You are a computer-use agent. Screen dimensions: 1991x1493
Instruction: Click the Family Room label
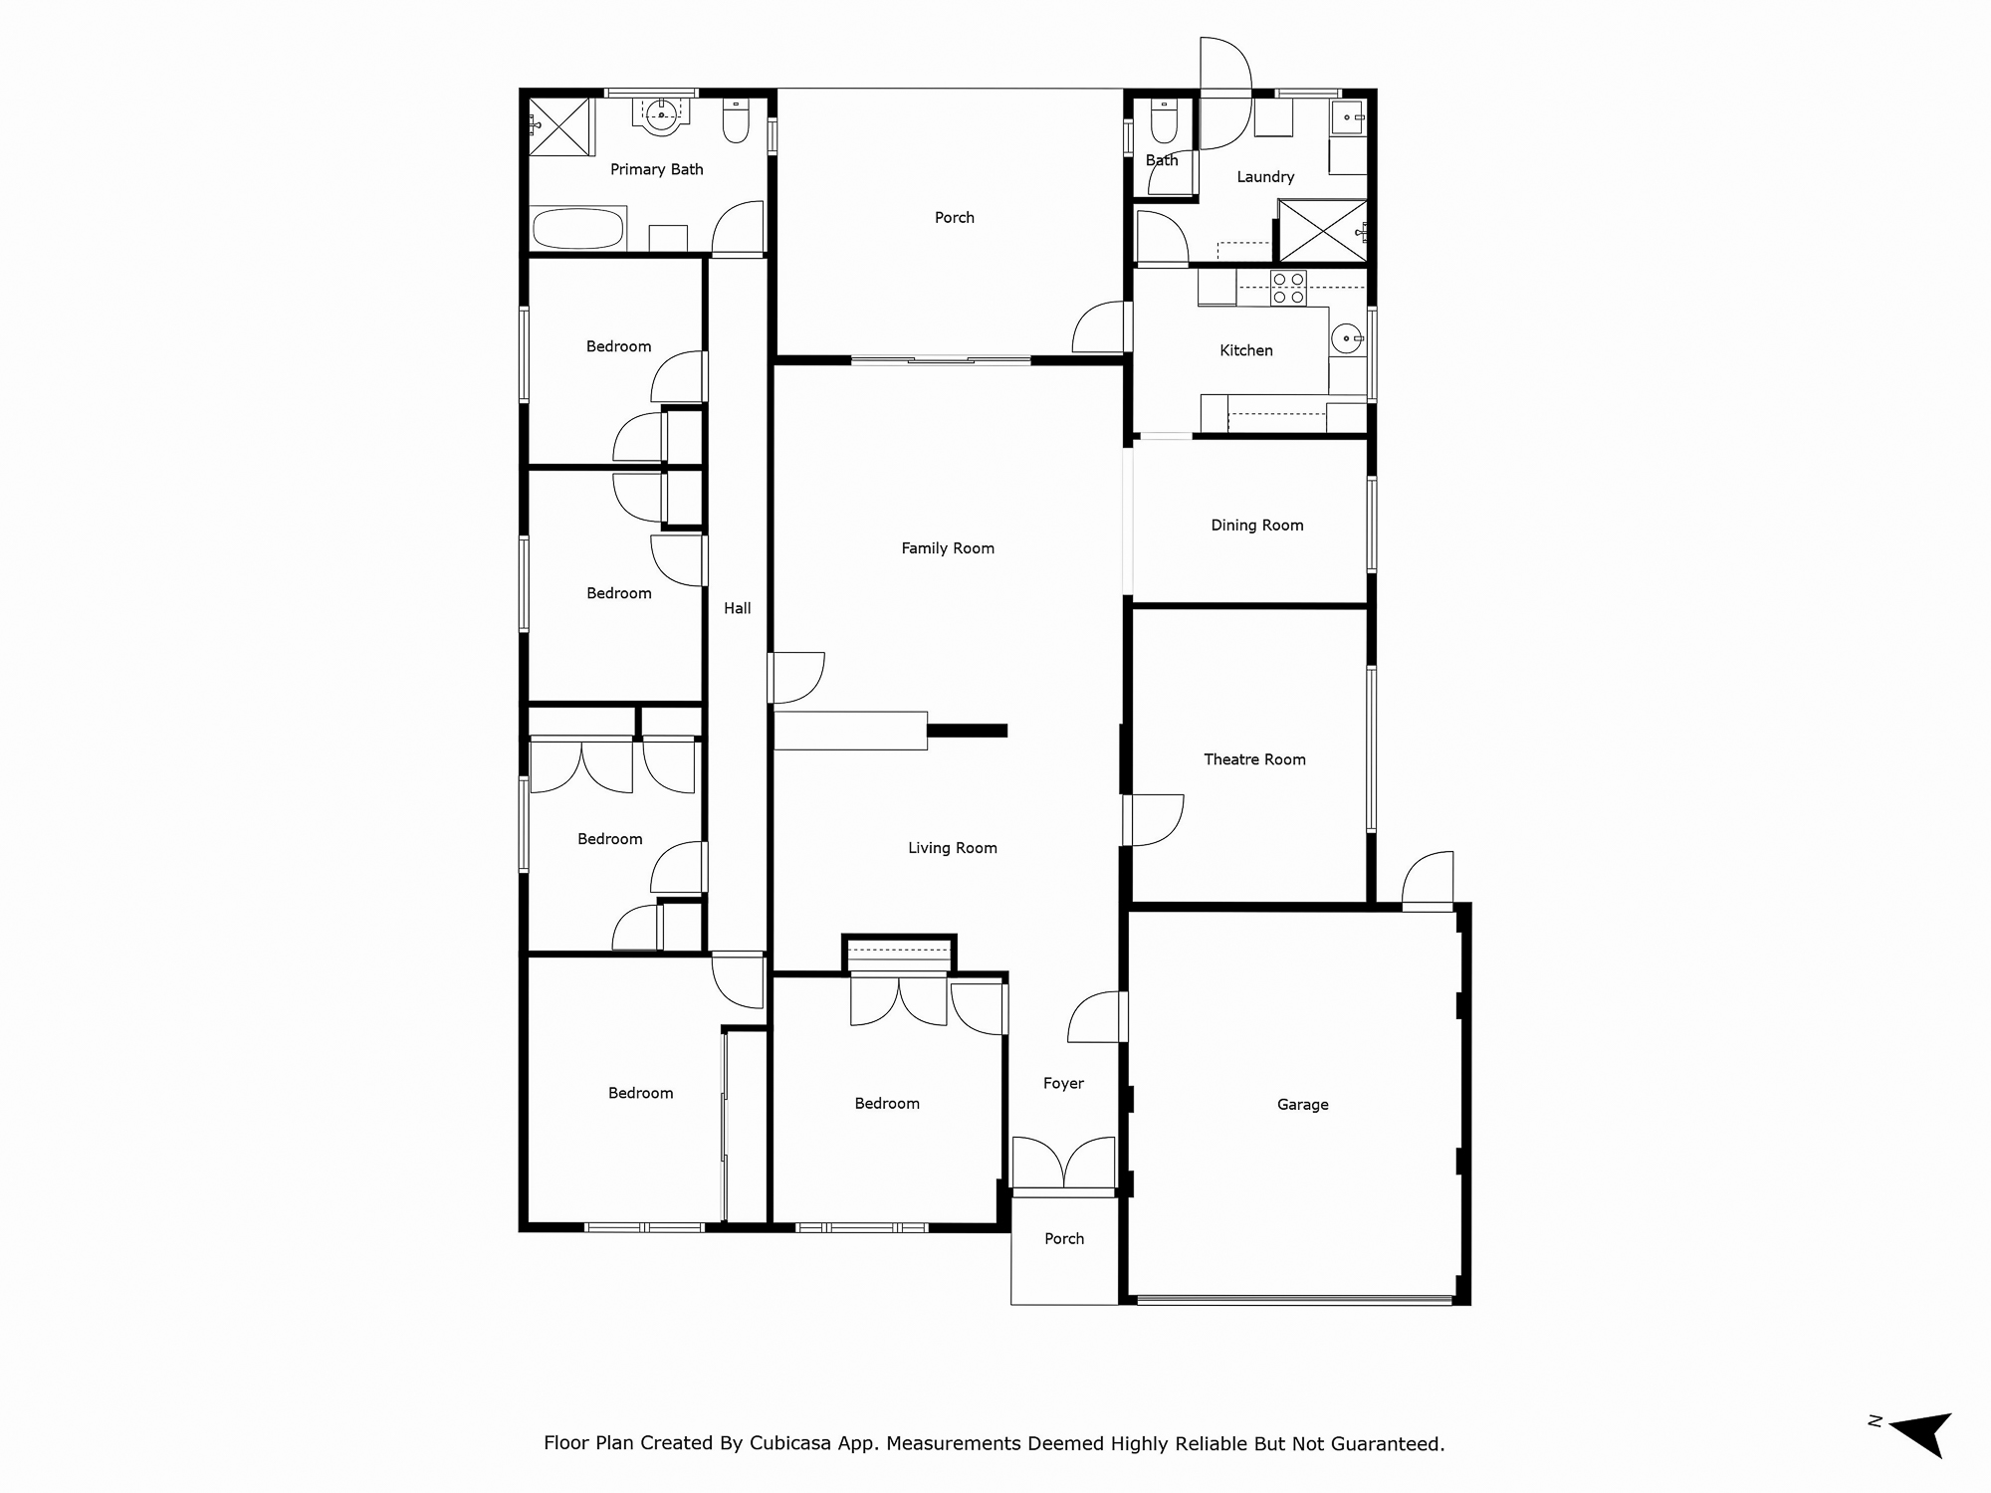(x=948, y=548)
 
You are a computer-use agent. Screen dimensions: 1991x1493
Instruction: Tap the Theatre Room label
(x=1254, y=759)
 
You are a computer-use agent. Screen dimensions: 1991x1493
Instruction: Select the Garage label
(x=1303, y=1105)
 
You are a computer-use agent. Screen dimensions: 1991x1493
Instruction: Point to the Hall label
(x=738, y=608)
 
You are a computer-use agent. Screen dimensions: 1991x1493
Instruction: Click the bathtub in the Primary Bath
(x=578, y=228)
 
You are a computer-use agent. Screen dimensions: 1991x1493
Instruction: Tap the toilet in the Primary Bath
(x=737, y=121)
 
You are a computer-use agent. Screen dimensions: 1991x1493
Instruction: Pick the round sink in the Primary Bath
(x=661, y=116)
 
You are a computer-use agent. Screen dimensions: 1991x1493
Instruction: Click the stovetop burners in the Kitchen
(x=1288, y=288)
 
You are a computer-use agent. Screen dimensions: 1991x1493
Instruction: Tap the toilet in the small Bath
(x=1164, y=121)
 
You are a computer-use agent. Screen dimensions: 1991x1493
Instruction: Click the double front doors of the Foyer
(x=1063, y=1164)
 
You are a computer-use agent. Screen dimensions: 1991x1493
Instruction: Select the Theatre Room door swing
(x=1156, y=820)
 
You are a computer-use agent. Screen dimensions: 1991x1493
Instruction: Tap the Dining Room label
(x=1257, y=526)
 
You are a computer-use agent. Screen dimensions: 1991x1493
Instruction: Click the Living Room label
(x=953, y=848)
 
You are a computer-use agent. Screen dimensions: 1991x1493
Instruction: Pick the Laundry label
(x=1265, y=177)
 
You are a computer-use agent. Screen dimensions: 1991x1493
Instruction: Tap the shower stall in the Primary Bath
(x=559, y=126)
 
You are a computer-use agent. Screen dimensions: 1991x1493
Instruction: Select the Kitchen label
(x=1246, y=350)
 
